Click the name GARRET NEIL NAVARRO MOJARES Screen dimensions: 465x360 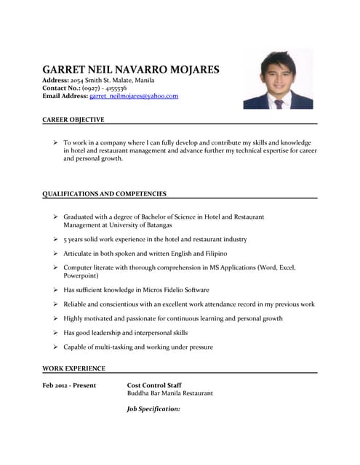131,69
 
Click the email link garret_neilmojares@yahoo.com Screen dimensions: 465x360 134,96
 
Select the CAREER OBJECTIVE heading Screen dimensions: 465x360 73,119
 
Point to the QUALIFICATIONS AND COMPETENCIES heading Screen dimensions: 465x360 105,194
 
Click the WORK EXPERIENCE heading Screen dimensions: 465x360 74,368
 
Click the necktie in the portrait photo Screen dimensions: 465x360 279,103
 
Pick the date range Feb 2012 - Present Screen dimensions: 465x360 73,385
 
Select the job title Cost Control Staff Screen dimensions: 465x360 154,385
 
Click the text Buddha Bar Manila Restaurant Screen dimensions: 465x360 170,393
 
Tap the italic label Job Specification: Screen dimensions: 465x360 153,409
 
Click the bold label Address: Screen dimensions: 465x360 56,80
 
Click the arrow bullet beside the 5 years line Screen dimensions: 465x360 55,239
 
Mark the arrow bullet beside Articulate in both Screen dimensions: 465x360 55,254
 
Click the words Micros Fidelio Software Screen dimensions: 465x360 172,290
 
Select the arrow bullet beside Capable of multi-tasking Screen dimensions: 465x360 55,347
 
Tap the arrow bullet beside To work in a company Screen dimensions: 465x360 55,143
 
